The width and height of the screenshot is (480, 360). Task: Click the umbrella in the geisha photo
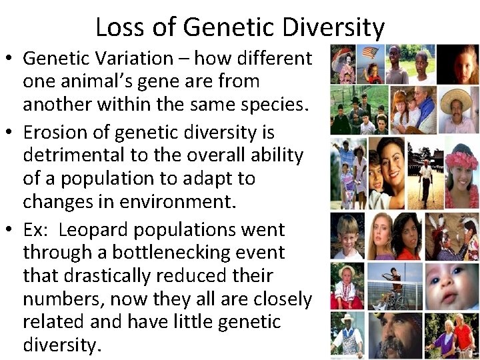click(x=344, y=52)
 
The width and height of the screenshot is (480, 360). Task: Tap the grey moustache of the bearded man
click(x=396, y=340)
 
